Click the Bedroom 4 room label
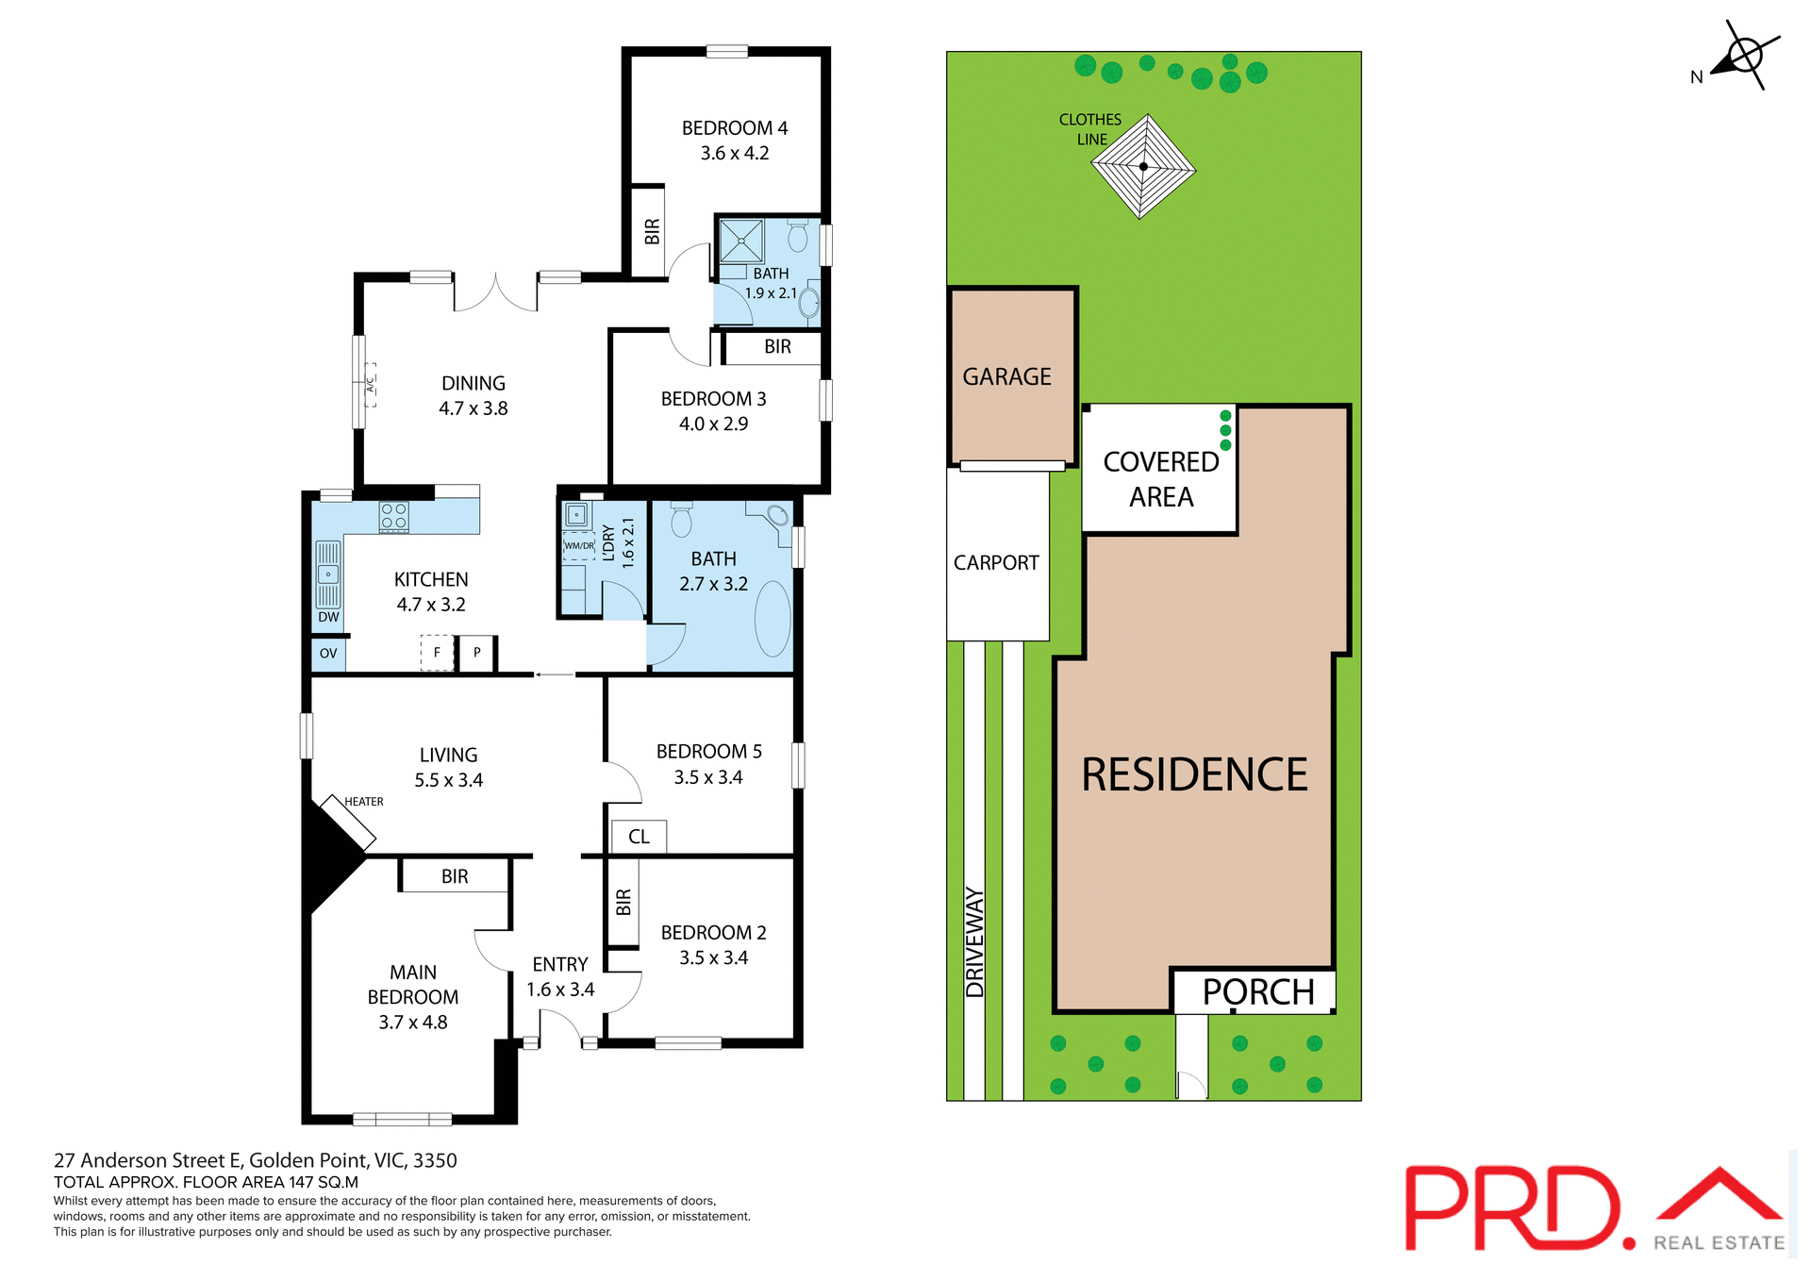tap(734, 128)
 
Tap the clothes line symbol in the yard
tap(1143, 167)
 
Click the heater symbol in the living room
tap(348, 822)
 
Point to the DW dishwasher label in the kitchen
tap(328, 618)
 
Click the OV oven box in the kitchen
tap(328, 654)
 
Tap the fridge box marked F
tap(437, 652)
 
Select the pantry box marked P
tap(477, 652)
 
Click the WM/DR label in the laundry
tap(579, 546)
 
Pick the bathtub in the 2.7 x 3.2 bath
tap(773, 618)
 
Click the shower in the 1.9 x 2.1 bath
tap(741, 241)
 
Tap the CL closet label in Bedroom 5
tap(639, 837)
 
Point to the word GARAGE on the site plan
tap(1006, 377)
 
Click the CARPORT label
tap(996, 563)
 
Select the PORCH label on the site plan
tap(1258, 992)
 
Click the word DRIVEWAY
tap(974, 942)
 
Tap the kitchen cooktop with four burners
tap(394, 516)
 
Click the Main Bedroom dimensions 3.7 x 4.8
tap(413, 1023)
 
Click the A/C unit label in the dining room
tap(371, 385)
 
